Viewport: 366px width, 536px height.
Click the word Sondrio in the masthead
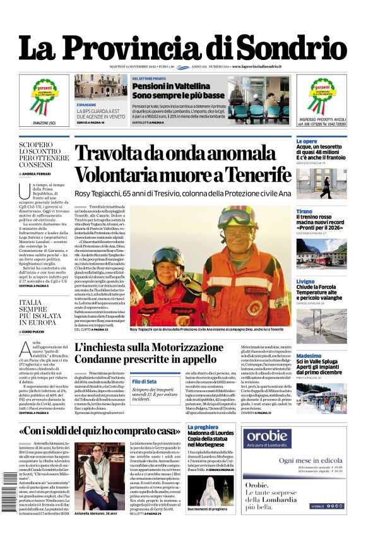click(295, 48)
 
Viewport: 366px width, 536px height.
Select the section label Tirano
click(304, 211)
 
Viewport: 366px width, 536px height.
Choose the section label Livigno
click(305, 282)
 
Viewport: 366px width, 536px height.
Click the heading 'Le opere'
click(307, 141)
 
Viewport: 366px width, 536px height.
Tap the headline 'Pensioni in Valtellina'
click(167, 85)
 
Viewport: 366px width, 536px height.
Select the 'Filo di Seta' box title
click(145, 381)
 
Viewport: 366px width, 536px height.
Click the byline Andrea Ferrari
click(37, 174)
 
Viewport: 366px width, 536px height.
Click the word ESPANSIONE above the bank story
click(86, 105)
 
